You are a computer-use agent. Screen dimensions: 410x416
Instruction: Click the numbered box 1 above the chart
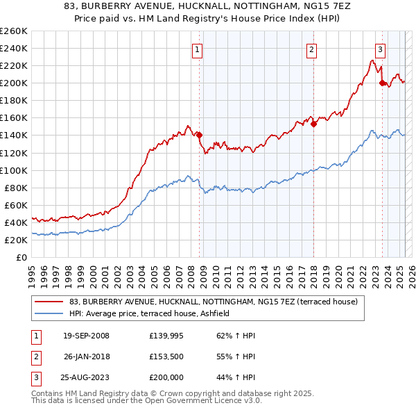pyautogui.click(x=198, y=49)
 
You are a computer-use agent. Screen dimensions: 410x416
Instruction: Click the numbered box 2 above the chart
pyautogui.click(x=312, y=49)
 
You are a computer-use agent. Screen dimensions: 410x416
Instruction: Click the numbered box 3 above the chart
pyautogui.click(x=381, y=49)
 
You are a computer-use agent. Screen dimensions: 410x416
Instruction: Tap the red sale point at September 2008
pyautogui.click(x=200, y=135)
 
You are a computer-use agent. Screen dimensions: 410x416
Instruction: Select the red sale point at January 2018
pyautogui.click(x=313, y=124)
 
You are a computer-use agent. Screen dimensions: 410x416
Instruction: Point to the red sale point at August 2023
pyautogui.click(x=382, y=83)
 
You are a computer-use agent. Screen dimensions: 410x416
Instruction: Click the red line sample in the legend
pyautogui.click(x=49, y=302)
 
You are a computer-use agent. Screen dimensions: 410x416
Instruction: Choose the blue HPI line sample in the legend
pyautogui.click(x=49, y=313)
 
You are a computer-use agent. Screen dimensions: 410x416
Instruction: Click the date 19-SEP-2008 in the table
pyautogui.click(x=86, y=336)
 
